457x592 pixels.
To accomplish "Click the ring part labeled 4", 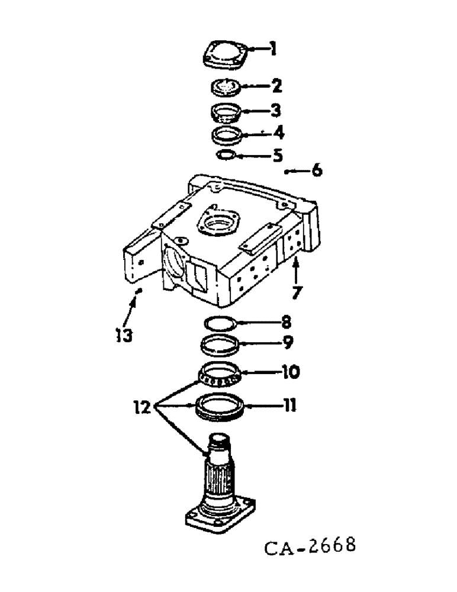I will tap(227, 134).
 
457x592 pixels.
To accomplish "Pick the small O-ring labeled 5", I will tap(227, 155).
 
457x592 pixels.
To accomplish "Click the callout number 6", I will tap(317, 170).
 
